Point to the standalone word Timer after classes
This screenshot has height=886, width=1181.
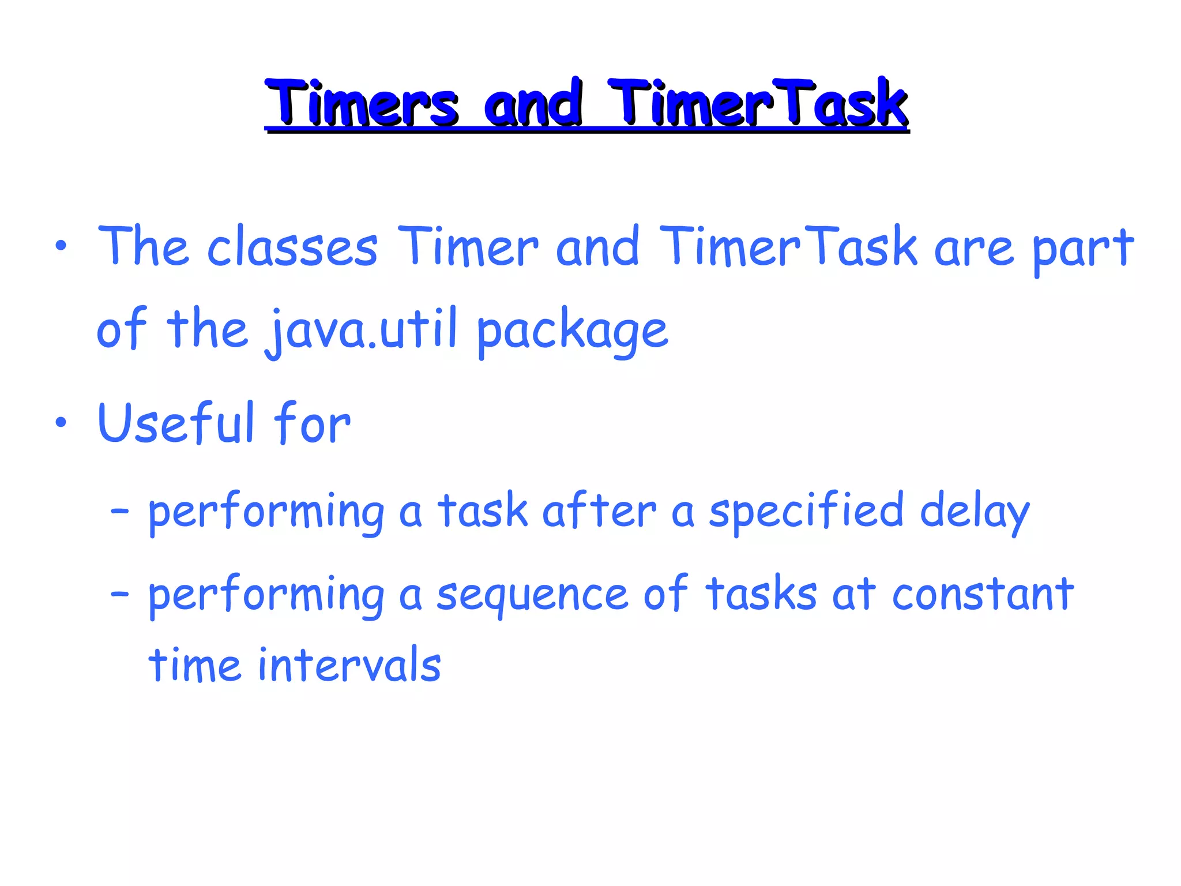pyautogui.click(x=468, y=247)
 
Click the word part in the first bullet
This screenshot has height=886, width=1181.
pyautogui.click(x=1083, y=249)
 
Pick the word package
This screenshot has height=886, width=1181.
pyautogui.click(x=573, y=332)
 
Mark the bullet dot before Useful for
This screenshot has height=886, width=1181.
pyautogui.click(x=61, y=423)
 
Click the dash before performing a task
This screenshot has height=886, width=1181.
pyautogui.click(x=119, y=511)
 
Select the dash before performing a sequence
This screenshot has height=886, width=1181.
pyautogui.click(x=119, y=594)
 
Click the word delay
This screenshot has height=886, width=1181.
pyautogui.click(x=974, y=512)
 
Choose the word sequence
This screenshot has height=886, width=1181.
pyautogui.click(x=532, y=595)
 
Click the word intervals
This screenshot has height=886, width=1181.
pyautogui.click(x=349, y=666)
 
